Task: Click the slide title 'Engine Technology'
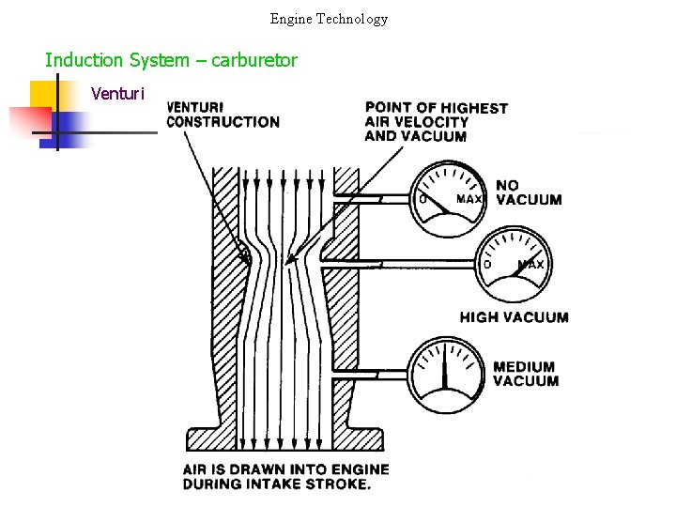tap(329, 19)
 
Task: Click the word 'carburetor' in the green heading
tap(254, 61)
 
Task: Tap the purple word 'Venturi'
tap(118, 93)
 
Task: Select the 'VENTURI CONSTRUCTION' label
tap(223, 115)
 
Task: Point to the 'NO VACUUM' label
tap(529, 192)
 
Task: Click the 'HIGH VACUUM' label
tap(514, 317)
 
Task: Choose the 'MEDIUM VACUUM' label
tap(525, 374)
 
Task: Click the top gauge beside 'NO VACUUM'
tap(449, 198)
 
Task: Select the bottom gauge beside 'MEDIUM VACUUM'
tap(445, 372)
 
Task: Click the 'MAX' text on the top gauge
tap(469, 199)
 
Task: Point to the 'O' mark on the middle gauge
tap(487, 265)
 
